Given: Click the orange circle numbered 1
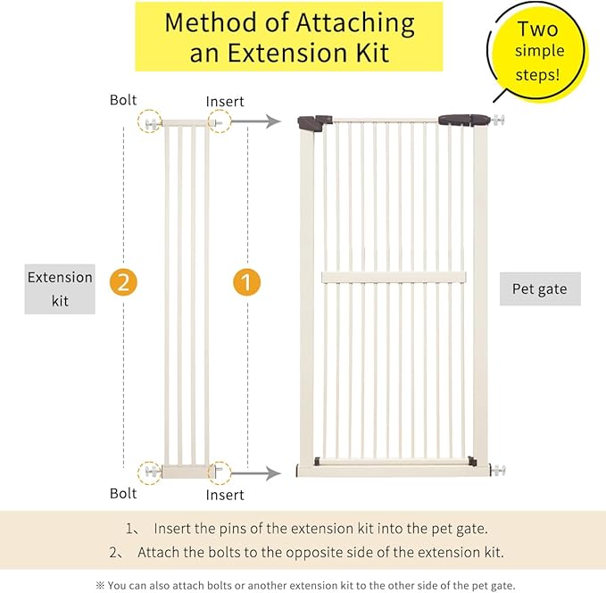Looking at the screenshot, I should point(247,282).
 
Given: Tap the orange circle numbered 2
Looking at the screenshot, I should point(123,282).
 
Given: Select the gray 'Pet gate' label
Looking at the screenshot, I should point(539,289).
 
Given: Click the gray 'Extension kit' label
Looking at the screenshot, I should point(60,289).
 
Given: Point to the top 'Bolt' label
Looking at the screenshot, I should point(123,100).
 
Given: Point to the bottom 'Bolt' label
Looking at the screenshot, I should point(123,493).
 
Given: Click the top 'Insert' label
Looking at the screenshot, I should point(225,102).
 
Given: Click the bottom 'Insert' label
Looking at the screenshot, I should point(225,494).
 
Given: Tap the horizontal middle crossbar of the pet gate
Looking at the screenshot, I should point(394,277).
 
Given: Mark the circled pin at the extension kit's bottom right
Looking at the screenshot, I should point(219,471).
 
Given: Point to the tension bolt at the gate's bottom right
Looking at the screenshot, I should point(497,469).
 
